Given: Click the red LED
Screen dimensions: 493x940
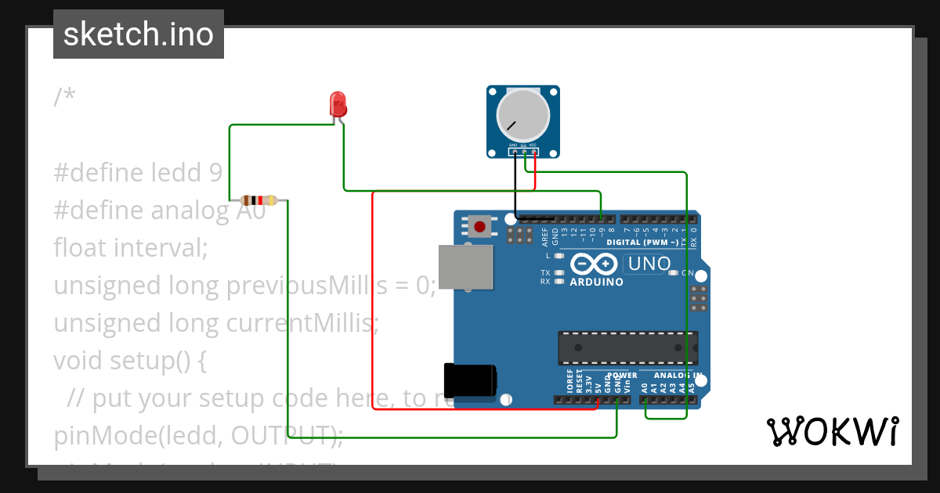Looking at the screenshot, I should point(338,104).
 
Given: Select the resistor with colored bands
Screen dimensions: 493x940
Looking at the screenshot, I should point(258,200).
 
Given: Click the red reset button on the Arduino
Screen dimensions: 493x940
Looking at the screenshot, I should point(479,227).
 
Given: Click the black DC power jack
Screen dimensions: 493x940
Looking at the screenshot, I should point(469,380).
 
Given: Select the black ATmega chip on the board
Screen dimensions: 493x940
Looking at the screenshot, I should point(627,347).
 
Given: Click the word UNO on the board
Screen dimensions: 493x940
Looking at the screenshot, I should point(649,264).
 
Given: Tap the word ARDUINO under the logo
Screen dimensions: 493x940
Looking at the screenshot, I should point(597,282).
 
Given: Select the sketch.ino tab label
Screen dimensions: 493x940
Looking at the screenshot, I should point(139,34).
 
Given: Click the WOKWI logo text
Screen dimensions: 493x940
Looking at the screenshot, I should point(832,431).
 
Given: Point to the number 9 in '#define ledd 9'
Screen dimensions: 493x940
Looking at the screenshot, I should point(216,172).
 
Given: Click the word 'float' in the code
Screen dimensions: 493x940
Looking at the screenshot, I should point(81,247).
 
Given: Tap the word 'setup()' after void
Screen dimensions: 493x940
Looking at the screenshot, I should point(147,361).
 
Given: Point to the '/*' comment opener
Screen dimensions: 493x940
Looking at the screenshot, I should point(65,97).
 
